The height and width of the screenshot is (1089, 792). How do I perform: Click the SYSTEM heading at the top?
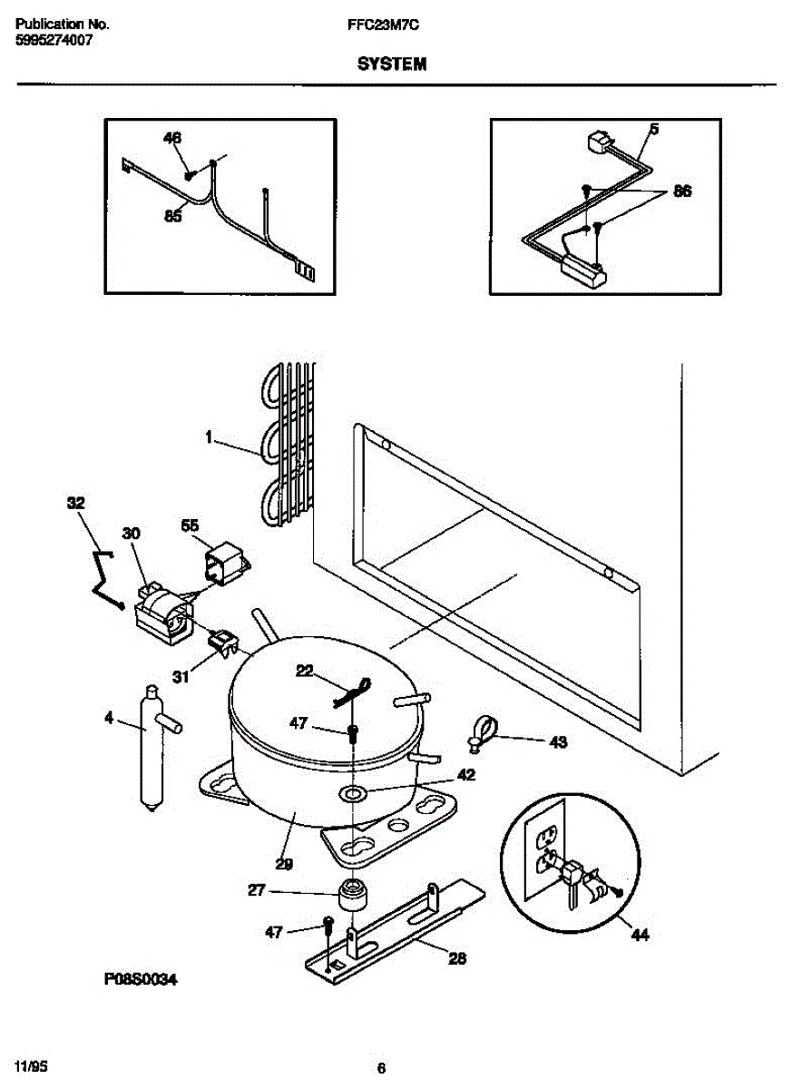coord(391,64)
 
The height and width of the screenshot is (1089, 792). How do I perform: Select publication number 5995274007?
coord(54,41)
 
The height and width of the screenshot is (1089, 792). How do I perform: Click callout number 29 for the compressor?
coord(284,864)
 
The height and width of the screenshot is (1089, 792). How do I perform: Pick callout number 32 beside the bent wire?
coord(76,502)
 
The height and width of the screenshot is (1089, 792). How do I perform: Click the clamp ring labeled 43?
coord(484,730)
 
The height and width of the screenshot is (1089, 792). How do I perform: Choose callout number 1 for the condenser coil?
coord(209,437)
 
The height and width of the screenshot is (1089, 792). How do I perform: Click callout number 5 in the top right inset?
coord(654,130)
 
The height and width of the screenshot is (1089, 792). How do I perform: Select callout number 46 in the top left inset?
coord(172,139)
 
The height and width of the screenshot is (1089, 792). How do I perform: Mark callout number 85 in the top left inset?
coord(172,216)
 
